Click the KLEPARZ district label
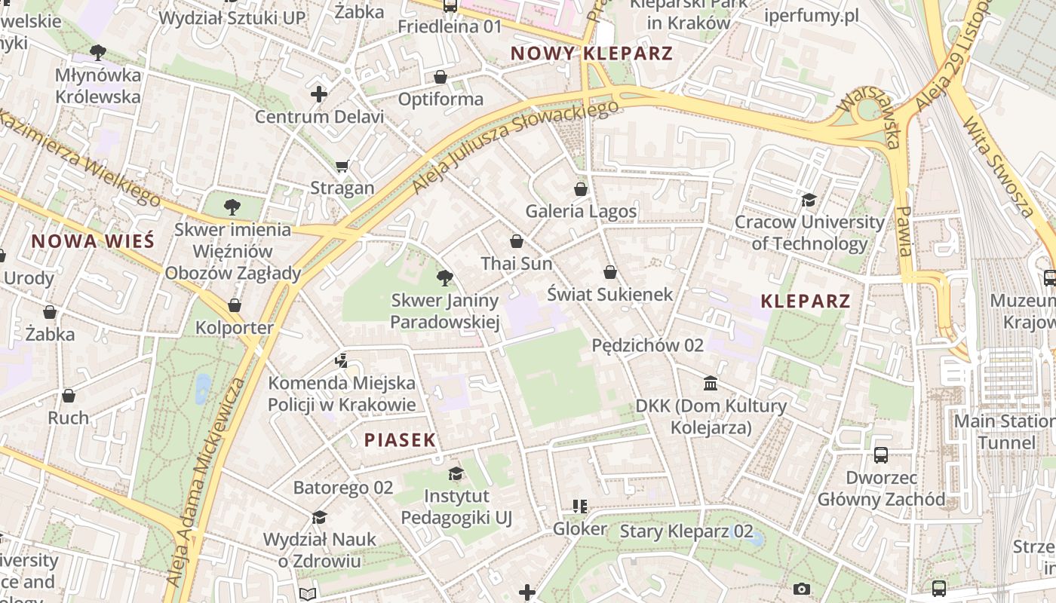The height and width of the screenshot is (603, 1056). (x=806, y=301)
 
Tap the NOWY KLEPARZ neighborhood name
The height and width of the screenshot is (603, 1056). (x=591, y=54)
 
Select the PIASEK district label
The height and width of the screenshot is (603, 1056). (x=400, y=440)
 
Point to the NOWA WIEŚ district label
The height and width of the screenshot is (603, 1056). (x=93, y=241)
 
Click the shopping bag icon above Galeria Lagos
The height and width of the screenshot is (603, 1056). (x=580, y=188)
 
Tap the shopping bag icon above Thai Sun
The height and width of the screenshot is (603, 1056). (x=517, y=241)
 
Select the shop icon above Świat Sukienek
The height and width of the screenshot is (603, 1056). (x=609, y=271)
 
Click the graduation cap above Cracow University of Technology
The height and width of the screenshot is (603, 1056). (x=809, y=200)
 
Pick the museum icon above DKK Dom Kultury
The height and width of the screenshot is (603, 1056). (x=711, y=384)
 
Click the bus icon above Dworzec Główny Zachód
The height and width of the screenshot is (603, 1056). (x=880, y=455)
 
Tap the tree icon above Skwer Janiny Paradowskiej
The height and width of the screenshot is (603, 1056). (x=445, y=278)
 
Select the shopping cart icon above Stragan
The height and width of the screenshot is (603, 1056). (x=342, y=166)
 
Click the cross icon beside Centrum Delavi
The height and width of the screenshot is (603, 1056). (x=319, y=94)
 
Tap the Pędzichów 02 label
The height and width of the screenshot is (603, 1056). (x=647, y=345)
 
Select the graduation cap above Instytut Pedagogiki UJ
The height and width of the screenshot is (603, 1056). (x=456, y=473)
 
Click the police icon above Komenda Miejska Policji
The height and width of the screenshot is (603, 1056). (x=341, y=360)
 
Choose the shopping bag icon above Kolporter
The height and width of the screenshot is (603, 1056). (x=235, y=305)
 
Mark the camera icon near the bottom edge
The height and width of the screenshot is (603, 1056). (x=801, y=589)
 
